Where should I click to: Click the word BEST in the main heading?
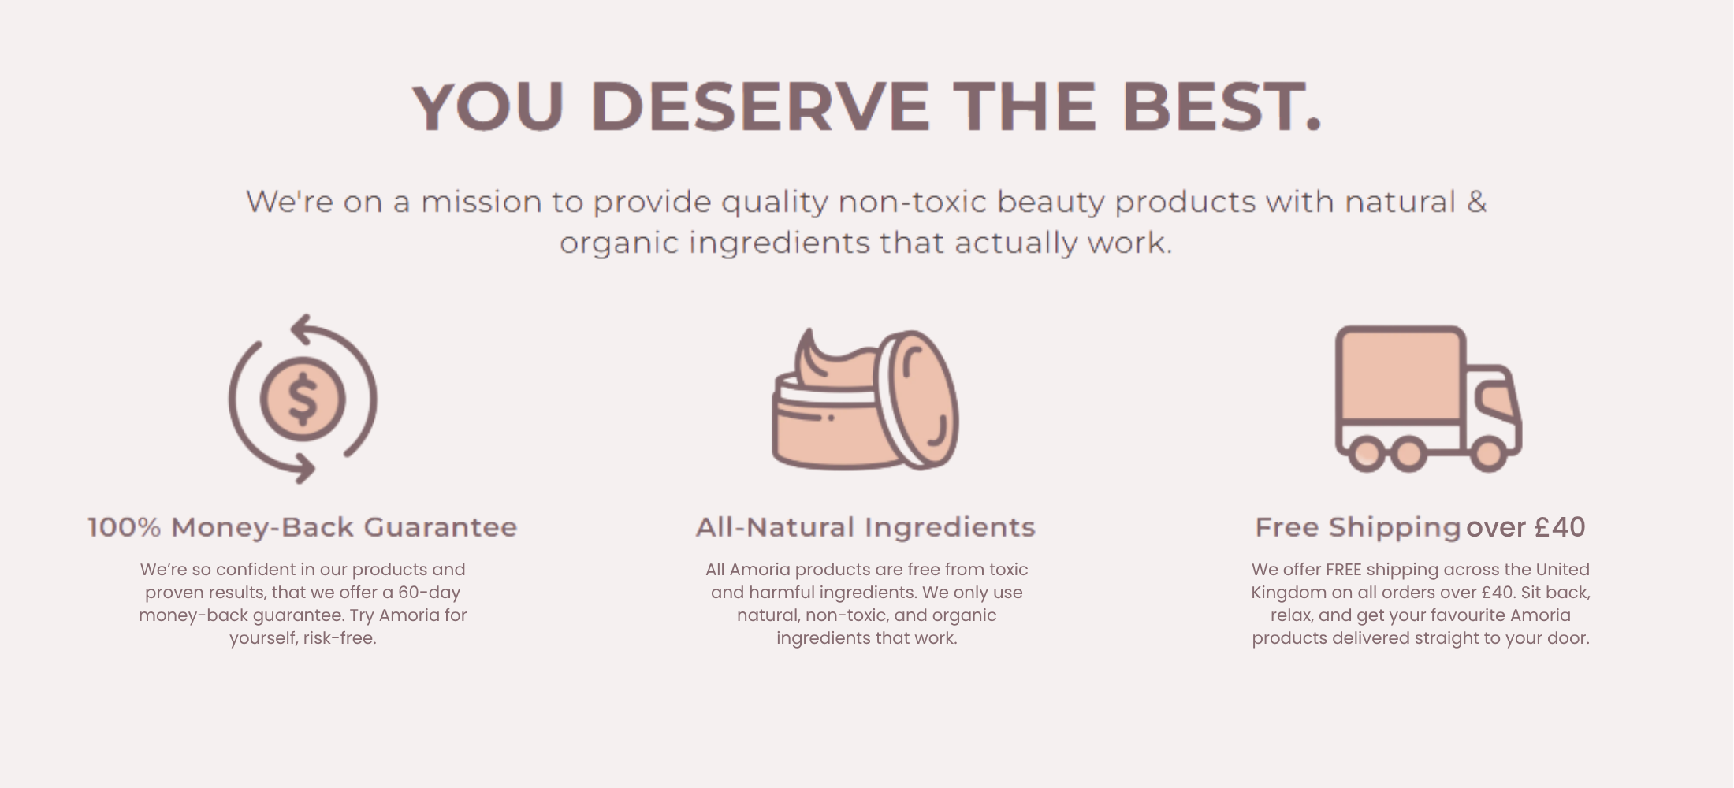point(1221,106)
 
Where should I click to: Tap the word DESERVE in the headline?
point(760,106)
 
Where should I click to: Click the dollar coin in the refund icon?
point(303,399)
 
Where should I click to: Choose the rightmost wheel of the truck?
point(1488,455)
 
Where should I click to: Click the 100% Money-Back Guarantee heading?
point(303,527)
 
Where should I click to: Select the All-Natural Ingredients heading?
point(865,527)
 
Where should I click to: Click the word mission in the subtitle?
point(481,202)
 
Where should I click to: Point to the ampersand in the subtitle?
point(1476,202)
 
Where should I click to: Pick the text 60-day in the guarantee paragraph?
point(429,593)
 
